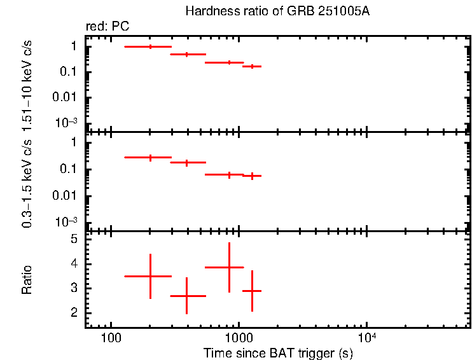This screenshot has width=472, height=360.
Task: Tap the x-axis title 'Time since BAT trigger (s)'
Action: (278, 352)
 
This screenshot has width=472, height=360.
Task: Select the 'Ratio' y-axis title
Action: (27, 280)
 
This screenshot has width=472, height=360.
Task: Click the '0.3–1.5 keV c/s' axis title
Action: (27, 184)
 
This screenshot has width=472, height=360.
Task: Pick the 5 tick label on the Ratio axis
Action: (74, 240)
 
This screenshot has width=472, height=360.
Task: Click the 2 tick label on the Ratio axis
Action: (74, 313)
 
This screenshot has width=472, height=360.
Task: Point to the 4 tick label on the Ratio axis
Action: (74, 264)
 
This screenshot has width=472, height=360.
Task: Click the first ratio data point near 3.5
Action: (150, 276)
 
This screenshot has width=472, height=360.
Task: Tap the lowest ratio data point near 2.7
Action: (186, 296)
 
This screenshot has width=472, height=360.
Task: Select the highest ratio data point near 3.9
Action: (229, 267)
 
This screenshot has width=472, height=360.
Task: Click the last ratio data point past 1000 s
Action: (253, 291)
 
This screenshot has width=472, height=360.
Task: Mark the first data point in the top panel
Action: (150, 46)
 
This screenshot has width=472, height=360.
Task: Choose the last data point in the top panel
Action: (253, 66)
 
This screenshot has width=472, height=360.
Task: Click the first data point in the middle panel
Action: (150, 157)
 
